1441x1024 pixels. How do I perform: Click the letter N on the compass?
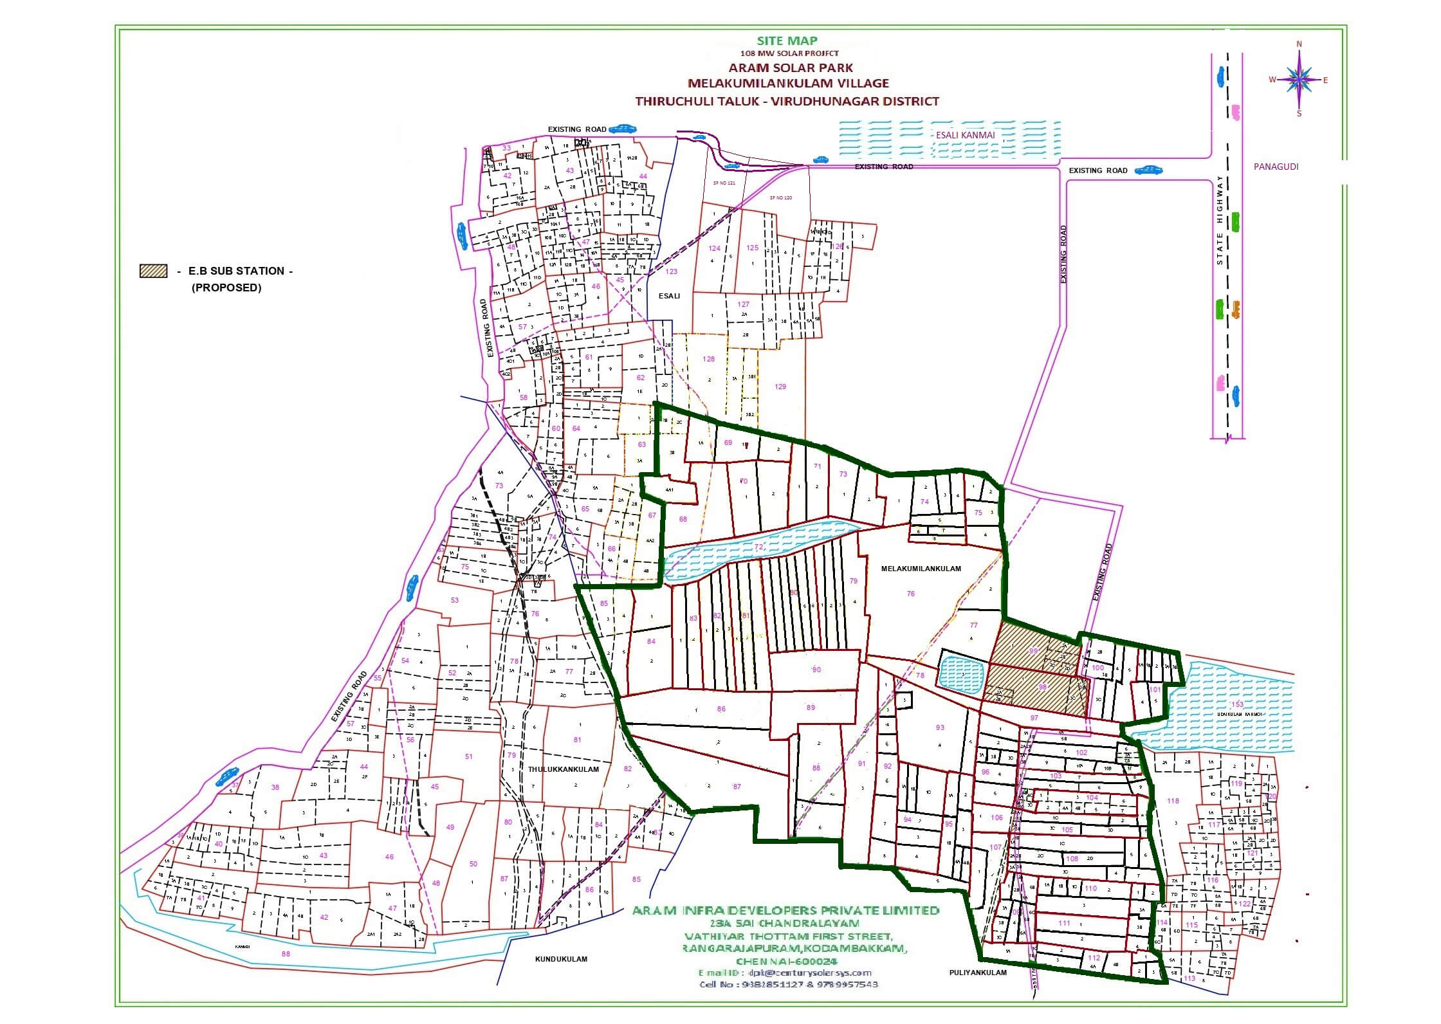(1299, 44)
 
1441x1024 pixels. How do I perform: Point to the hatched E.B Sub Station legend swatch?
(153, 271)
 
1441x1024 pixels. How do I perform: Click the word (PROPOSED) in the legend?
(226, 288)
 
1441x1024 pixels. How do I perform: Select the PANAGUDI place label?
(1276, 167)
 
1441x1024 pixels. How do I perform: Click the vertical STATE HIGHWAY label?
(1220, 220)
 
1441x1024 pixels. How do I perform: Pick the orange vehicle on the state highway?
(1235, 309)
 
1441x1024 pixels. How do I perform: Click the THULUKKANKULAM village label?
(564, 769)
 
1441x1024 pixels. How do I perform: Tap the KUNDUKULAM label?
(561, 959)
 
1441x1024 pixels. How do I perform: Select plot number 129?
(780, 387)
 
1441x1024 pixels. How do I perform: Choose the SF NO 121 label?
(724, 183)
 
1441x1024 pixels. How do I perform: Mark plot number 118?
(1173, 801)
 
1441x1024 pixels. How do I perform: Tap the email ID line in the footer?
(785, 973)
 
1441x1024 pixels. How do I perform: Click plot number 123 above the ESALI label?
(672, 271)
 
